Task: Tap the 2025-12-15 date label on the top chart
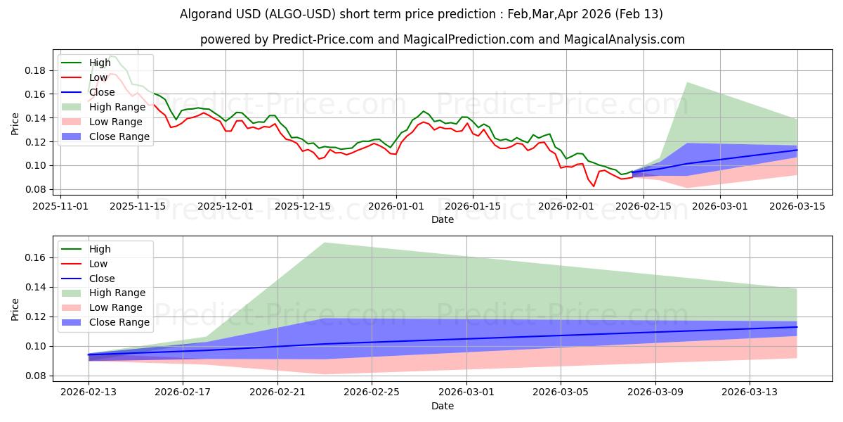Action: click(x=303, y=206)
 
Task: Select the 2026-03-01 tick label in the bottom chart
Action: click(x=466, y=392)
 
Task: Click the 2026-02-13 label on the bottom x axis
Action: click(x=89, y=392)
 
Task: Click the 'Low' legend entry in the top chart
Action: click(x=98, y=77)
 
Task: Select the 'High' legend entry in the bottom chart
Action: click(x=100, y=249)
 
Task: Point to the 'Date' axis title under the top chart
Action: click(x=443, y=219)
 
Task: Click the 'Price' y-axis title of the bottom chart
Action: click(x=15, y=309)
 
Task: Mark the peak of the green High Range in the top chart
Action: click(x=687, y=83)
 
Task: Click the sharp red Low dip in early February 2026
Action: click(x=594, y=186)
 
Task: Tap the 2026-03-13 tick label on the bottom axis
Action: click(x=750, y=392)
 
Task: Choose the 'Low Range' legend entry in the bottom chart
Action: click(x=117, y=307)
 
